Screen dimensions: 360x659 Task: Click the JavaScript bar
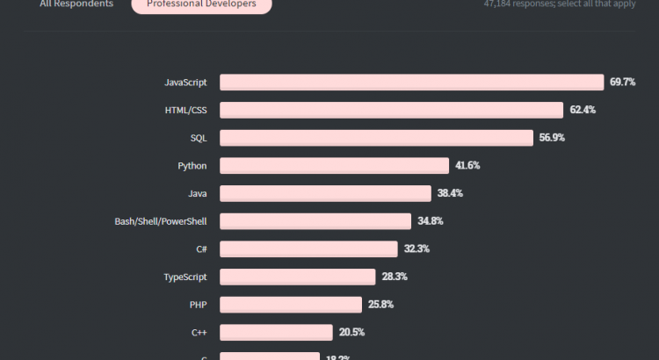[x=412, y=82]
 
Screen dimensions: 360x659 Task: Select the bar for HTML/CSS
[x=391, y=110]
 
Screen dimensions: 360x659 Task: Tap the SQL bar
[x=376, y=138]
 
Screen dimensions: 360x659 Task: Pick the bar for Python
[x=335, y=165]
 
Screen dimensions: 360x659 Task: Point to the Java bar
[x=325, y=193]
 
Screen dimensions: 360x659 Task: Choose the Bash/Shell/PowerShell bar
[x=315, y=221]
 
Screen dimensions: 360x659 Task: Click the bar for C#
[x=308, y=248]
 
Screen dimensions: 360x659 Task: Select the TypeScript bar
[x=297, y=277]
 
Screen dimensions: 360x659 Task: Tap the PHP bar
[x=290, y=305]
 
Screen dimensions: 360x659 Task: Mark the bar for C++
[x=276, y=332]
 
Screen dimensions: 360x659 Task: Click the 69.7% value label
[x=622, y=82]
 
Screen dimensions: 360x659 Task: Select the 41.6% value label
[x=467, y=165]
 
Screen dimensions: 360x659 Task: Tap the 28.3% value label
[x=395, y=277]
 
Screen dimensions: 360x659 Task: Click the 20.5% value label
[x=351, y=332]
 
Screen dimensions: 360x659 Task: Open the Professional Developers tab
[x=201, y=4]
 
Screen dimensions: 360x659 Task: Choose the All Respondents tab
[x=76, y=4]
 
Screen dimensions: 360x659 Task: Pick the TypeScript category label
[x=185, y=277]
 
